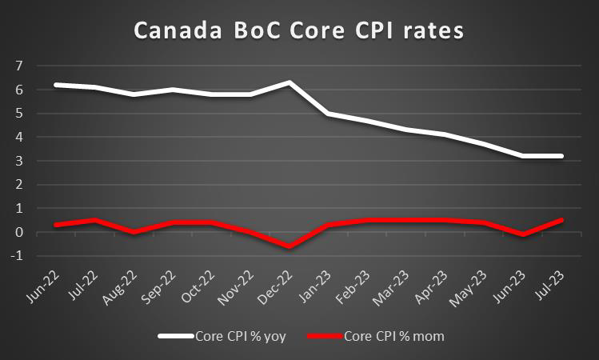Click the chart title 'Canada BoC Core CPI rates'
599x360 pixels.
[299, 31]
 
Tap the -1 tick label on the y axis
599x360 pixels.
[16, 256]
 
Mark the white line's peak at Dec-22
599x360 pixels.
[289, 82]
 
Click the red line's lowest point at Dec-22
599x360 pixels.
[289, 246]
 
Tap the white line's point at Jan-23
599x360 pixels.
[328, 114]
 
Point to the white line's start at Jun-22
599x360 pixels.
[54, 85]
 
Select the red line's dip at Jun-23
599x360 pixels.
[523, 234]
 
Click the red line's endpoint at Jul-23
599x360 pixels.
[561, 220]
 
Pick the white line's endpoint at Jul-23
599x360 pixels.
[561, 156]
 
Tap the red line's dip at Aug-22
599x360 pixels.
[133, 232]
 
